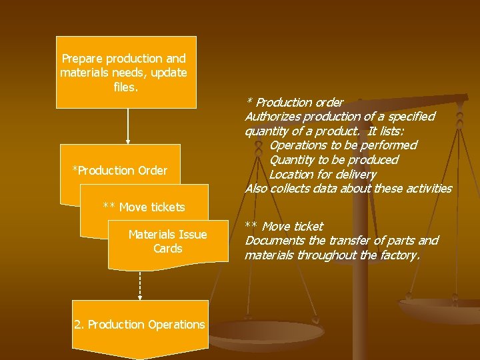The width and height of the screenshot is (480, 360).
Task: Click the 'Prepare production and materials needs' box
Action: (x=126, y=72)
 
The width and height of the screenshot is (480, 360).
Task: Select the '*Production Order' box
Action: (x=120, y=171)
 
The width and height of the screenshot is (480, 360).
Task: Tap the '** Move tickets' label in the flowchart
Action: (x=144, y=207)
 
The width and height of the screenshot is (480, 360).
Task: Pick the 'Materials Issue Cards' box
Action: (x=167, y=241)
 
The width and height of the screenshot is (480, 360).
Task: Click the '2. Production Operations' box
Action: (x=140, y=325)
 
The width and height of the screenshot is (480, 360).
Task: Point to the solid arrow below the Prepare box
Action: (x=128, y=126)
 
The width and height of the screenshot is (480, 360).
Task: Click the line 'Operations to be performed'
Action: (x=343, y=145)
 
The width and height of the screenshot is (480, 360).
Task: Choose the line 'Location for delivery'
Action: (x=323, y=175)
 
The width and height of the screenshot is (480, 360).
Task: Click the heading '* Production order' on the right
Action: (x=295, y=103)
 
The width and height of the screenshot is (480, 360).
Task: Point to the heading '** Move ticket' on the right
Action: (x=284, y=227)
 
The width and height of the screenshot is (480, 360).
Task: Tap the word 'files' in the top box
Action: (x=126, y=87)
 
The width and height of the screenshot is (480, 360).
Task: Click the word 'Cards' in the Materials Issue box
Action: (x=167, y=249)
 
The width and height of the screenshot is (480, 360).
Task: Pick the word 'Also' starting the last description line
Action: (x=257, y=189)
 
